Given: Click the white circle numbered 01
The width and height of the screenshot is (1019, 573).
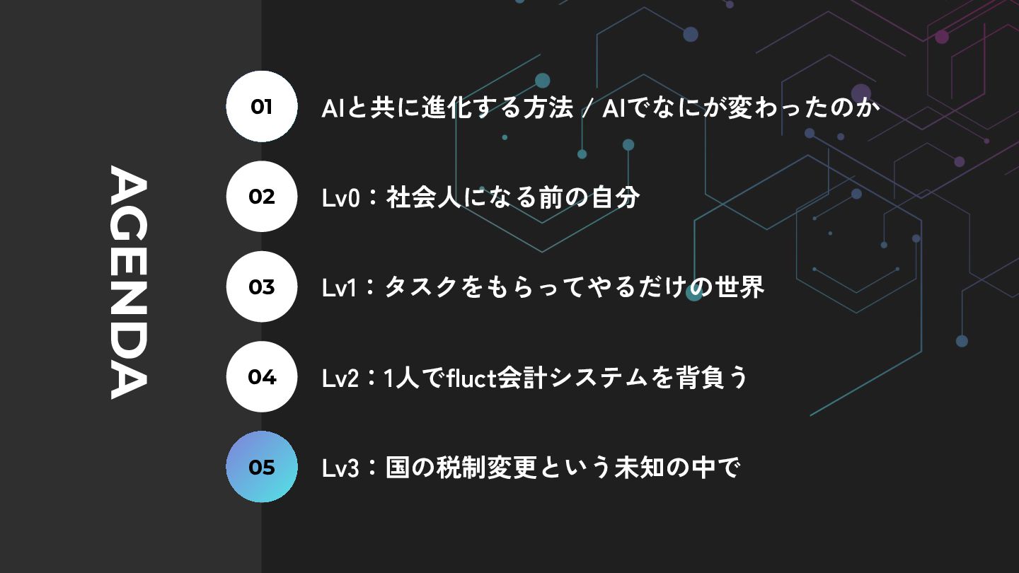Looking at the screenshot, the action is pos(262,106).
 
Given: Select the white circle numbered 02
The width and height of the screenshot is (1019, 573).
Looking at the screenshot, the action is pos(262,197).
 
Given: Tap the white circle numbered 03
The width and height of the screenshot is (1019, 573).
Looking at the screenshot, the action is pos(262,286).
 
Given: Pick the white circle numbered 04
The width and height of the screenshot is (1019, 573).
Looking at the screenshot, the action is pos(262,377).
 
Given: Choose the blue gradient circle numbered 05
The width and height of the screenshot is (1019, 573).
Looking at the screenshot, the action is pos(262,467).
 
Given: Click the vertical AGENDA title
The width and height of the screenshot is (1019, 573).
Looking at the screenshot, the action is pos(129,282).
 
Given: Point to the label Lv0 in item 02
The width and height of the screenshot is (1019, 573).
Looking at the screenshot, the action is pos(341,198).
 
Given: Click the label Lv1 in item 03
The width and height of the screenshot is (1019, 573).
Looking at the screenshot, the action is pos(340,289).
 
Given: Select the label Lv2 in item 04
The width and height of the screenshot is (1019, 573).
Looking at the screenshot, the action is pos(341,378).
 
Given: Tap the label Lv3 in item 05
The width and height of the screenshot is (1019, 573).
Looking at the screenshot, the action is pos(341,468).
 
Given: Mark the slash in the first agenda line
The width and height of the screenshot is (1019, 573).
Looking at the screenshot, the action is pos(587,109).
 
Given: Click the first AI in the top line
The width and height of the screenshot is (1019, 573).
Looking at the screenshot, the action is pos(332,108).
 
